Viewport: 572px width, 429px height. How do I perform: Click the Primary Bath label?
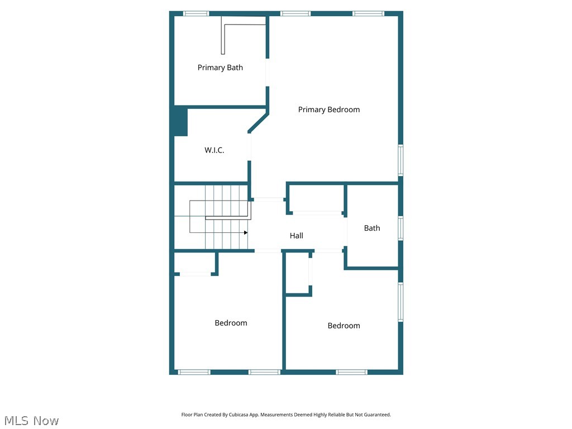[220, 68]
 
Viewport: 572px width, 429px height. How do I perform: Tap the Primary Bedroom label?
[328, 109]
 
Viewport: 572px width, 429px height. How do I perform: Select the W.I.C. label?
[214, 150]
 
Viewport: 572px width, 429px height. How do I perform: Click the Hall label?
[296, 236]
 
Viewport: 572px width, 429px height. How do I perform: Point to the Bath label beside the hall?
[371, 228]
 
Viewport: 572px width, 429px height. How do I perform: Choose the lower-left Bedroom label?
[231, 323]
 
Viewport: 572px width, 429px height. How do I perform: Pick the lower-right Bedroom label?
[344, 326]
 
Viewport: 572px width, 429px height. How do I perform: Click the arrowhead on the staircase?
[245, 232]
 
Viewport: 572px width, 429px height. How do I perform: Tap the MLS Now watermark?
[31, 421]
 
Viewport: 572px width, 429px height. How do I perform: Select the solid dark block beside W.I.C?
[179, 121]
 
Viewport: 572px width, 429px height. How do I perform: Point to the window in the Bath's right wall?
[401, 228]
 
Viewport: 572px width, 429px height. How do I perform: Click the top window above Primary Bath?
[196, 13]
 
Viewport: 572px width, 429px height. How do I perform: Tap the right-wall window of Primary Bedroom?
[401, 160]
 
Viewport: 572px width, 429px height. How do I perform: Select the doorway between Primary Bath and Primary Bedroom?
[268, 72]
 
